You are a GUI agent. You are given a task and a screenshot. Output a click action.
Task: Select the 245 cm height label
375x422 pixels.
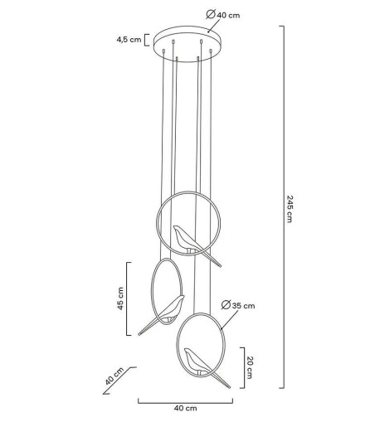pos(290,208)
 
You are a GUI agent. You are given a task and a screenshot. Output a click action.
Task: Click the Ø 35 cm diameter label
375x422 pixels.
pos(242,306)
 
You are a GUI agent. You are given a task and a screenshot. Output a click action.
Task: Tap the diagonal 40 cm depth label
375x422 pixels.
pos(114,376)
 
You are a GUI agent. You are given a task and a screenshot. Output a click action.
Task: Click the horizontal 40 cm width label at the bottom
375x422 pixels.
pos(185,409)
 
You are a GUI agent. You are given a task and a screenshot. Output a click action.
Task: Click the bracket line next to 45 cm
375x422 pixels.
pos(129,299)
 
